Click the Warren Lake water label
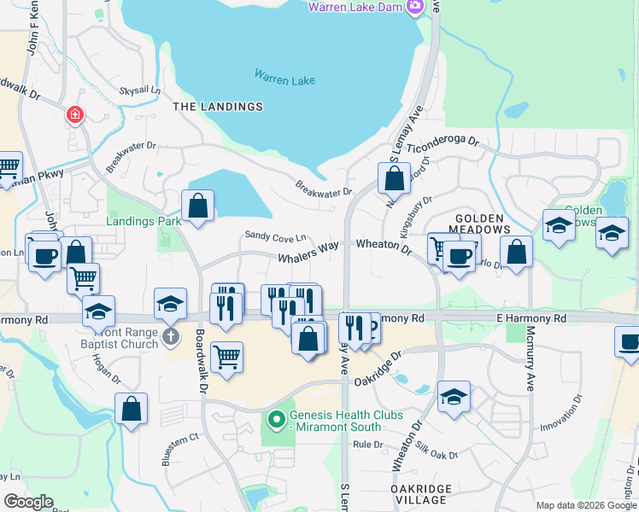[x=284, y=77]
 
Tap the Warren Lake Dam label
[x=356, y=8]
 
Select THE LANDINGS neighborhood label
[x=218, y=107]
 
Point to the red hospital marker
[x=75, y=114]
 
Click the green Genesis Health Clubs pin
[x=276, y=420]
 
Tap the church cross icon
[x=169, y=338]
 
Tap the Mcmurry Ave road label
[x=531, y=358]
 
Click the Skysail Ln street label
[x=140, y=90]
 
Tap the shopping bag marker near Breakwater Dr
[x=393, y=179]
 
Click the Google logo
[x=28, y=502]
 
